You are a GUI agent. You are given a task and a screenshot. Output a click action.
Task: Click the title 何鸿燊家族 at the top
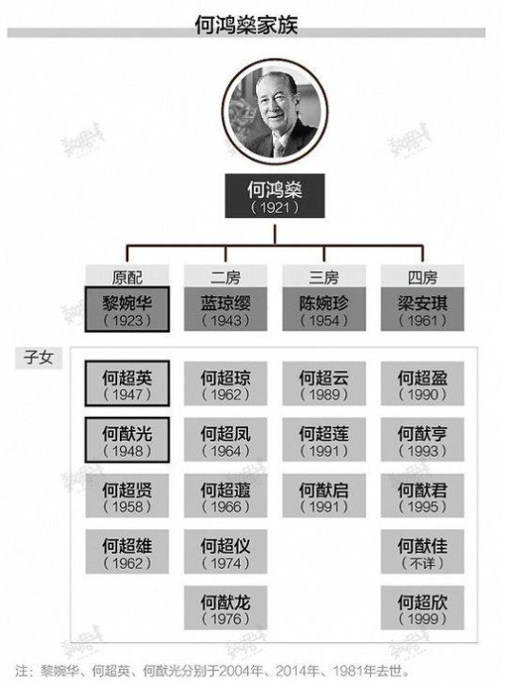(246, 25)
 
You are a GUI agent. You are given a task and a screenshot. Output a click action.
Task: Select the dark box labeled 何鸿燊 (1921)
(275, 196)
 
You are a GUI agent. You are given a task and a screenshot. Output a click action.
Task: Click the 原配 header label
(127, 276)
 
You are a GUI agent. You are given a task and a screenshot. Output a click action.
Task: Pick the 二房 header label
(225, 276)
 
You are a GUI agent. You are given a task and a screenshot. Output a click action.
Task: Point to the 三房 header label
(324, 276)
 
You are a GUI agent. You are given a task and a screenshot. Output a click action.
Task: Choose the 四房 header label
(422, 276)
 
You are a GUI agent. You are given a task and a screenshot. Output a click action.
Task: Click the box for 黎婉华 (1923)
(127, 309)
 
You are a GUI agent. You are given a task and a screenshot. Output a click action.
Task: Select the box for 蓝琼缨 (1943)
(225, 309)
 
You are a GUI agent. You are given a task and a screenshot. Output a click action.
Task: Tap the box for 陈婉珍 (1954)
(324, 309)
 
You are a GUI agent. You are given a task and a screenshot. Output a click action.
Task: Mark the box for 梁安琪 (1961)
(422, 309)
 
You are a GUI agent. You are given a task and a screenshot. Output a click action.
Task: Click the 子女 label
(39, 358)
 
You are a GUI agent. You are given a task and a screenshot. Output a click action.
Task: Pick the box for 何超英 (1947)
(127, 383)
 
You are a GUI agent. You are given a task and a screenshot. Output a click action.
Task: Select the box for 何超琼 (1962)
(225, 383)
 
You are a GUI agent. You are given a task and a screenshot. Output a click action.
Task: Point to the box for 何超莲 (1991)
(324, 440)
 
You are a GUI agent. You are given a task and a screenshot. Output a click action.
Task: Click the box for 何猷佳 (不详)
(422, 552)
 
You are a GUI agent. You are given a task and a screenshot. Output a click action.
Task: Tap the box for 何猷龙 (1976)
(225, 608)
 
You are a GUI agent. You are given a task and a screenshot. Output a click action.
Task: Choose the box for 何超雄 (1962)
(127, 552)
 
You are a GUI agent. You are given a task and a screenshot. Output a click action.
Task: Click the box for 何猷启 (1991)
(324, 496)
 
